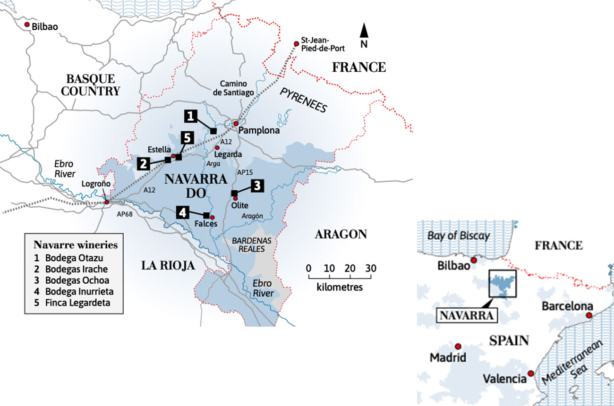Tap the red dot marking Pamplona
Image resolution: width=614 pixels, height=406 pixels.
pos(236,124)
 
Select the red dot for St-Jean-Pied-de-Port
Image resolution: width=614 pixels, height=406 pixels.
pos(296,44)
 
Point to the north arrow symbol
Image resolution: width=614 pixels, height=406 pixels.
pos(364,32)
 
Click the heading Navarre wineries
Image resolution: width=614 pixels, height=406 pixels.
pos(76,245)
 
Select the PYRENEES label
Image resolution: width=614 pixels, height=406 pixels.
pos(303,100)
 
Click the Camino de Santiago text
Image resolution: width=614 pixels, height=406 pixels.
pos(233,88)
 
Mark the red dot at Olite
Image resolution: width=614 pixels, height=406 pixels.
pos(235,198)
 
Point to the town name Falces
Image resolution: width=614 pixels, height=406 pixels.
pos(205,224)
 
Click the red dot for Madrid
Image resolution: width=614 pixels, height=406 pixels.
pos(458,346)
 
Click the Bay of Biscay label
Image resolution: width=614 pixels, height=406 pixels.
pos(458,236)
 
